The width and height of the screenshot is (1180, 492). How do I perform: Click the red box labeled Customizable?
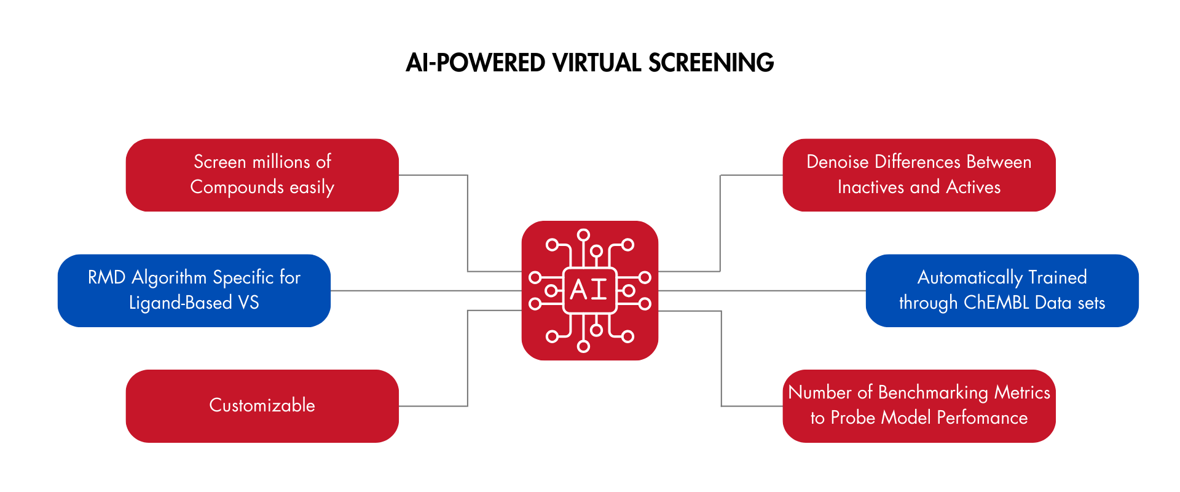pos(262,406)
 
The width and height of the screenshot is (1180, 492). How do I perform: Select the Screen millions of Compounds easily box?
pos(262,175)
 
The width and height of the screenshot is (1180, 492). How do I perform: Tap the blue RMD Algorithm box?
pos(194,290)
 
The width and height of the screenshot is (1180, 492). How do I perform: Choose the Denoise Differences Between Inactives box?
pos(919,175)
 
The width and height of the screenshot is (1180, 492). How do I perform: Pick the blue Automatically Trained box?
pos(1002,290)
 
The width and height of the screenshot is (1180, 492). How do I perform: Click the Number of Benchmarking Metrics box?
pos(919,406)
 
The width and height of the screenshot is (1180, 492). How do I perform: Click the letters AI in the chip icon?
pos(589,290)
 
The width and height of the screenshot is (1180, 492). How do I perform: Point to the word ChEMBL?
pos(996,303)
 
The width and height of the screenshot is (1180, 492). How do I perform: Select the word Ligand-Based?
pos(181,303)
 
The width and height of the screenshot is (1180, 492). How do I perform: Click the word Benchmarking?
pos(933,392)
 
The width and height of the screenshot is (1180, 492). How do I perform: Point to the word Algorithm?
pos(169,278)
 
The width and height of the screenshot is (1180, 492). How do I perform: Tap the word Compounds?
pos(237,187)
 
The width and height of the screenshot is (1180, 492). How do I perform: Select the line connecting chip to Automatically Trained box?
pos(762,290)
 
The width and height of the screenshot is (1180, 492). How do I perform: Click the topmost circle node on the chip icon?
pos(584,234)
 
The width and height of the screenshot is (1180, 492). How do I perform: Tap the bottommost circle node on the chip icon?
pos(584,347)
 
